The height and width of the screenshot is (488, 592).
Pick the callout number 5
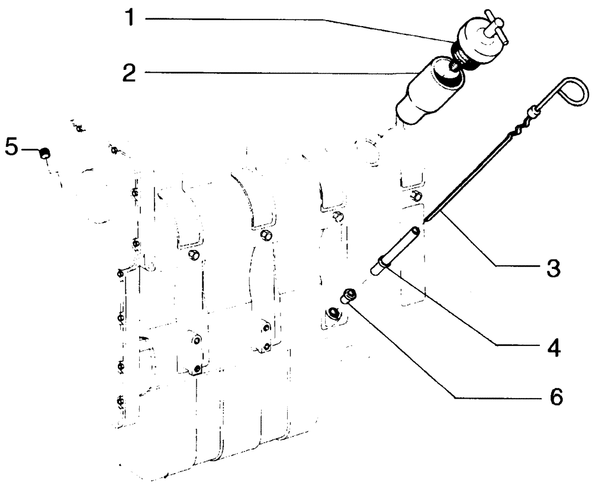point(11,146)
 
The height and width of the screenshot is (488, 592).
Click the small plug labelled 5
point(44,154)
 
